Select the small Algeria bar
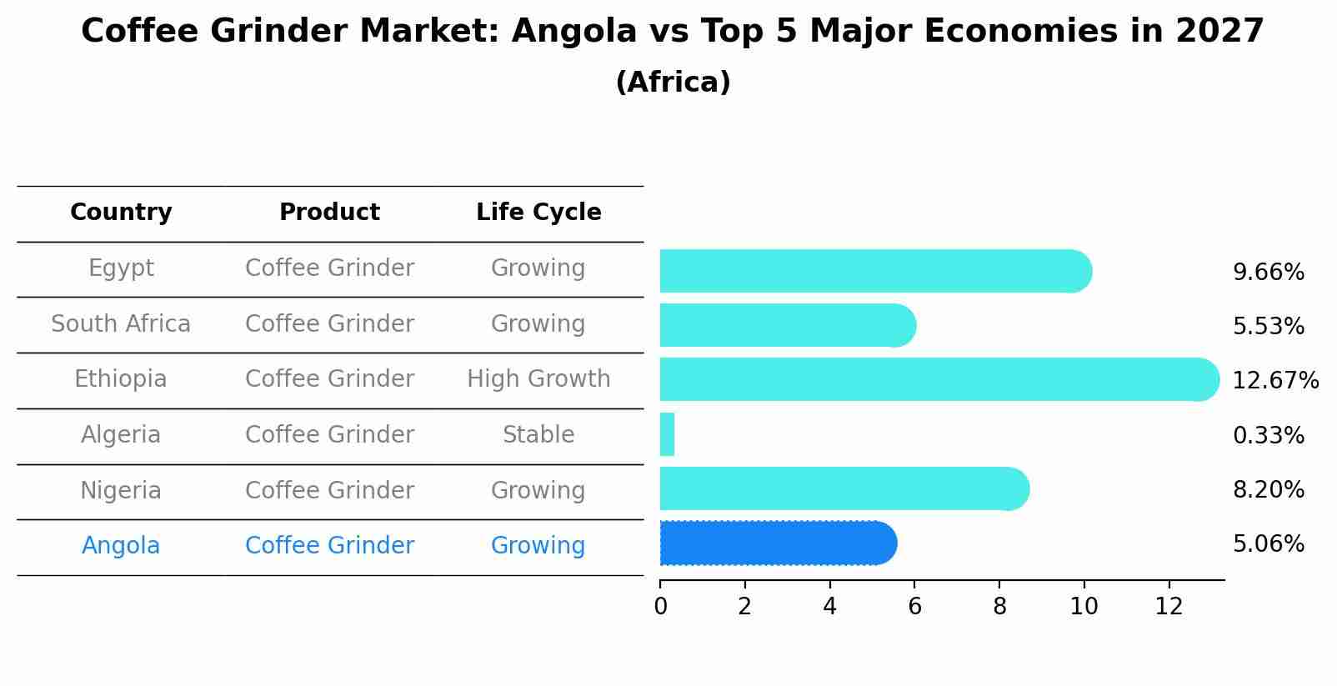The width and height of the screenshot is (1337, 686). click(667, 434)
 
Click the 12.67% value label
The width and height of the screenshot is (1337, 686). click(1274, 381)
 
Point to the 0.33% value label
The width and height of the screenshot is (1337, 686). click(1268, 435)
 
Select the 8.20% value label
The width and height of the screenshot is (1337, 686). click(1268, 489)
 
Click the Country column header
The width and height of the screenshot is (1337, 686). click(121, 213)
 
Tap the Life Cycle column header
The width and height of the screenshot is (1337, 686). click(538, 213)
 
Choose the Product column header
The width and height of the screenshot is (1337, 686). click(329, 213)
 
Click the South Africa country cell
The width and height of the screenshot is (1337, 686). click(121, 323)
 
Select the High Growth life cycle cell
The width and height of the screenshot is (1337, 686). click(538, 379)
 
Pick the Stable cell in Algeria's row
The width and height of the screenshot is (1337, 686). click(538, 435)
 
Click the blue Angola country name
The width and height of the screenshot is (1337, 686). click(121, 546)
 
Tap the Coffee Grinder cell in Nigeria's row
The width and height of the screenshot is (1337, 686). click(329, 490)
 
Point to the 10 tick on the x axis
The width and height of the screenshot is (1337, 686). click(1084, 607)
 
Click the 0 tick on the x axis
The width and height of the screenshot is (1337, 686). click(660, 607)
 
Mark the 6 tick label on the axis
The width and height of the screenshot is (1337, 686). click(914, 607)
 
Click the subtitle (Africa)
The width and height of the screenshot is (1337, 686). click(673, 83)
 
